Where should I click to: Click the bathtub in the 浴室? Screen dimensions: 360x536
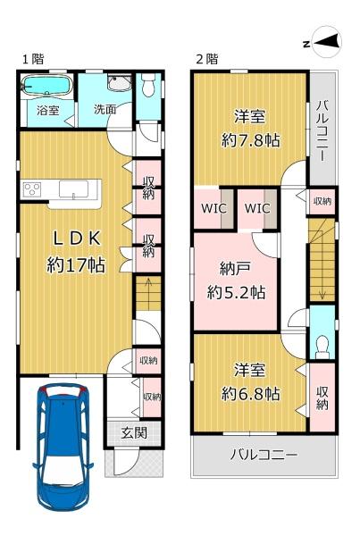point(46,85)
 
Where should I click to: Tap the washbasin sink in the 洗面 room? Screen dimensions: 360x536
point(119,83)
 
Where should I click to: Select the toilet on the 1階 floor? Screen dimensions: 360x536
point(148,85)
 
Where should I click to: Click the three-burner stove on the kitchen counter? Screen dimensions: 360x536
point(32,189)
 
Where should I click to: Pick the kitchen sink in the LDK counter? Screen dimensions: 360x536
point(73,189)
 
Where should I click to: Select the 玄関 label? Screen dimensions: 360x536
point(134,433)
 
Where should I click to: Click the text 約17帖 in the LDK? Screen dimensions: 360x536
point(76,264)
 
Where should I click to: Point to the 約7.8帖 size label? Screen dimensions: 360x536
point(251,140)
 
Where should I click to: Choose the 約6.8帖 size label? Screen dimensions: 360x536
point(251,394)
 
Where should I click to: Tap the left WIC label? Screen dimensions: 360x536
point(213,208)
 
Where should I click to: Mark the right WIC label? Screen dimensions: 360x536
point(257,208)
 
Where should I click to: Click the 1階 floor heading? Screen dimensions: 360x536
point(34,59)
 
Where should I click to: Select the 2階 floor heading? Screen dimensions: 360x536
point(207,59)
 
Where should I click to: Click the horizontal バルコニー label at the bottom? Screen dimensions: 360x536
point(264,455)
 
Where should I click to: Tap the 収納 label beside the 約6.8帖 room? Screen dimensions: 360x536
point(322,398)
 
